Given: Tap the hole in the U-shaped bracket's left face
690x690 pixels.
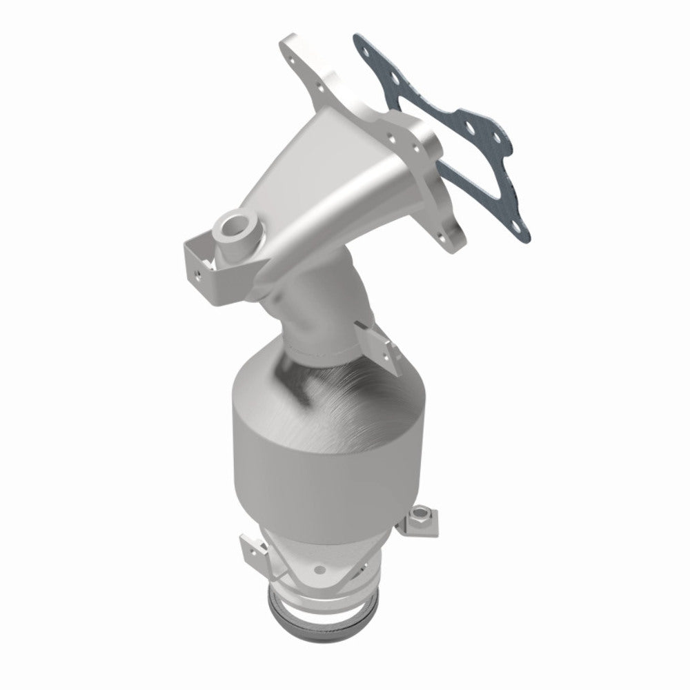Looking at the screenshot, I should (x=199, y=273).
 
